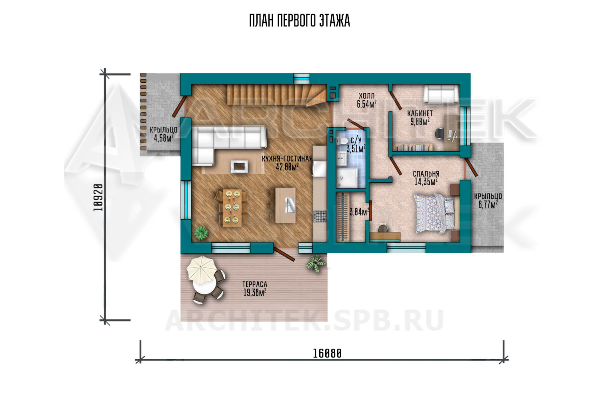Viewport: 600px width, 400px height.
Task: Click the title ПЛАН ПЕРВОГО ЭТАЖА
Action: tap(300, 21)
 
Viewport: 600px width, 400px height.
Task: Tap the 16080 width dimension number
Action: tap(327, 353)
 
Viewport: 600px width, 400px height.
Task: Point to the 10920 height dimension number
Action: tap(98, 198)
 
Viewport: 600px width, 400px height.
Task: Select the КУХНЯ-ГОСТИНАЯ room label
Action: tap(287, 159)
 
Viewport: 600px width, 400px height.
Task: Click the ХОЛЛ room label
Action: tap(366, 96)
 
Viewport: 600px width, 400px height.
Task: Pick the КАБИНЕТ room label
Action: tap(420, 114)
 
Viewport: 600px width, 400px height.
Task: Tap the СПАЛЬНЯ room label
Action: tap(426, 174)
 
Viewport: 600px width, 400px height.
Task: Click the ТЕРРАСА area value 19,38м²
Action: tap(254, 293)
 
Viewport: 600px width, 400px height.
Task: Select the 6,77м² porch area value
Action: tap(488, 205)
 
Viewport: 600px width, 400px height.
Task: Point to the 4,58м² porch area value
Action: tap(163, 138)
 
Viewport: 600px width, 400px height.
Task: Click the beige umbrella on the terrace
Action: tap(202, 270)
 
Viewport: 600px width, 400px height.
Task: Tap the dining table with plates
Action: tap(232, 208)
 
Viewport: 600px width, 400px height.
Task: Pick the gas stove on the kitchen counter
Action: tap(320, 216)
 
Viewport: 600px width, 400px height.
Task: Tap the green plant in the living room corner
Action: tap(201, 232)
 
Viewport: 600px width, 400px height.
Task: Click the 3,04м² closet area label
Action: tap(359, 212)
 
